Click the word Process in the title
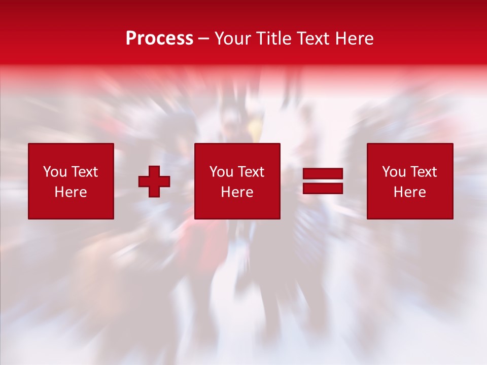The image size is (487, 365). (x=159, y=39)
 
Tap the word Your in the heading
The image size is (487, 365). (x=233, y=39)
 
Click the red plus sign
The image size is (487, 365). (x=154, y=181)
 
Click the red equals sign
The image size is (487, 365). (x=323, y=181)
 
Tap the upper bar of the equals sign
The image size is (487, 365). (x=323, y=174)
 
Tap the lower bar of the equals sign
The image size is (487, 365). (x=323, y=188)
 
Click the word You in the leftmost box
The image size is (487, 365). (x=55, y=172)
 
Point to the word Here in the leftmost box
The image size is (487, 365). (x=71, y=192)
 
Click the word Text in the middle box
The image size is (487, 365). (x=251, y=172)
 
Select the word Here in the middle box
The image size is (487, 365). (x=237, y=192)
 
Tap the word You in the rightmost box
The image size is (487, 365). (x=394, y=172)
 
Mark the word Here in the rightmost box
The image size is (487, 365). (x=409, y=192)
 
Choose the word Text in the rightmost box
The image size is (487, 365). (x=424, y=172)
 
